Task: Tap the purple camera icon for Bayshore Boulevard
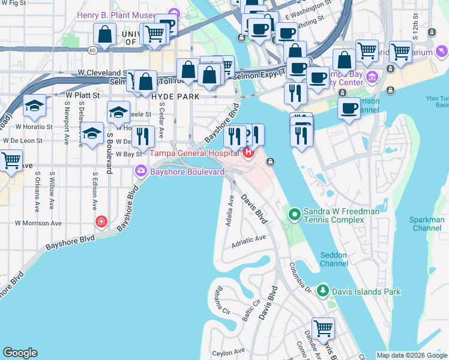click(141, 172)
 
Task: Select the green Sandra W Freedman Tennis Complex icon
click(295, 214)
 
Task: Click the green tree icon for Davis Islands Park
click(322, 292)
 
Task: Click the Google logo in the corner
click(20, 353)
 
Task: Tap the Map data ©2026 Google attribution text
click(412, 355)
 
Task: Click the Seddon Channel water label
click(334, 259)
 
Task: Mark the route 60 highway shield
click(91, 49)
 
